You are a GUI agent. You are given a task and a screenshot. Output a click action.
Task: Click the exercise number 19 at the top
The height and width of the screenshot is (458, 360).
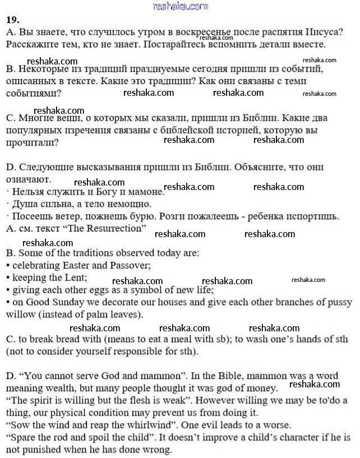pos(12,20)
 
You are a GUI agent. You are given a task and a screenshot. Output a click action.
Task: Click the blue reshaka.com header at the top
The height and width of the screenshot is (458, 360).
pos(180,6)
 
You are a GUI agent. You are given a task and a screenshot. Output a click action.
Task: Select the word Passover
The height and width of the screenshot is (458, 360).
pos(131,265)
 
